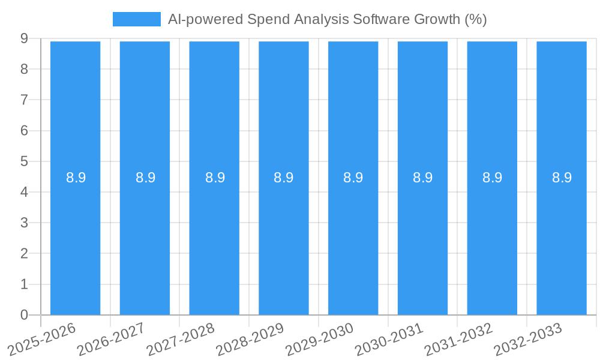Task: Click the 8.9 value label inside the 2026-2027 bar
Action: (145, 178)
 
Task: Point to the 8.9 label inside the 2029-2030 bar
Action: (353, 178)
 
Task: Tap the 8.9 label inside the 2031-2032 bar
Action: (492, 178)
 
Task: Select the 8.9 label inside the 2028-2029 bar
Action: (283, 178)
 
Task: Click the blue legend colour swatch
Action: (137, 19)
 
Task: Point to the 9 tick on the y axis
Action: (24, 38)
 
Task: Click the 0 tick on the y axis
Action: (24, 315)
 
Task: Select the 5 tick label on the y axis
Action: (24, 161)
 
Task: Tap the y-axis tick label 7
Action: (24, 100)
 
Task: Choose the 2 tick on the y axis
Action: (24, 254)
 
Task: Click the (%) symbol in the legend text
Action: (476, 19)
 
